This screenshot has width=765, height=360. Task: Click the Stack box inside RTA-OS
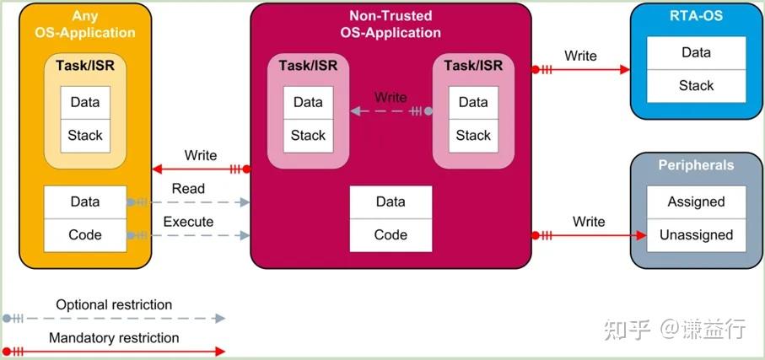click(x=696, y=85)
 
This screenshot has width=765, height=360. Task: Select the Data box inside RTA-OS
click(x=696, y=52)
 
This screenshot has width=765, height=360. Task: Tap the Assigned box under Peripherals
click(x=696, y=201)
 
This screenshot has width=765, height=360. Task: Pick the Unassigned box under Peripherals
click(x=696, y=234)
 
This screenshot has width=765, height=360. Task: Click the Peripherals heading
click(x=696, y=165)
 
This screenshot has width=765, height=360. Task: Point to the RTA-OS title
click(x=696, y=15)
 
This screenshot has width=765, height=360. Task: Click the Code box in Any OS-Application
click(x=84, y=235)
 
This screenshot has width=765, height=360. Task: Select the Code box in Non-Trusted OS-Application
click(x=391, y=235)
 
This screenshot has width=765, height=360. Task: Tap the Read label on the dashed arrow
click(x=188, y=189)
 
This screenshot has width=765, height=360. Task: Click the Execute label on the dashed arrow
click(x=188, y=222)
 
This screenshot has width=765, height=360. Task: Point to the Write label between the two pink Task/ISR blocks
click(x=391, y=97)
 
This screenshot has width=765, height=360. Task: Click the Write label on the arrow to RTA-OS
click(x=580, y=56)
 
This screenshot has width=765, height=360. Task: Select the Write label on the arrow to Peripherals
click(x=589, y=221)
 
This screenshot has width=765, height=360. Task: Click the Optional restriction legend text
click(x=114, y=304)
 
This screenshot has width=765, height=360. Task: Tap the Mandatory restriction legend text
click(x=114, y=337)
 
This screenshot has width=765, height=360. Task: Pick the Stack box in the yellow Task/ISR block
click(x=84, y=135)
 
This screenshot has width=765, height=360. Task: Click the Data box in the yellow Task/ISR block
click(x=84, y=102)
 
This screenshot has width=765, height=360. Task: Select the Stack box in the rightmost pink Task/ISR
click(x=473, y=135)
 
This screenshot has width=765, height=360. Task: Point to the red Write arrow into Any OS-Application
click(x=199, y=169)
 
